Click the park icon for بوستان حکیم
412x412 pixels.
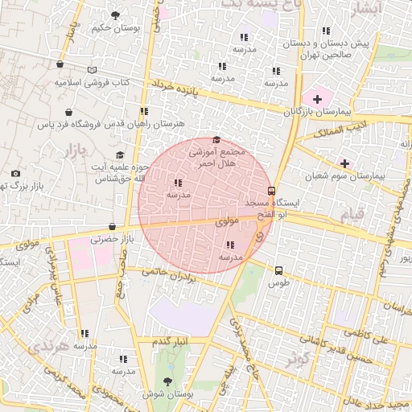click(116, 15)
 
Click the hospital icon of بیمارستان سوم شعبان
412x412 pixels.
click(345, 163)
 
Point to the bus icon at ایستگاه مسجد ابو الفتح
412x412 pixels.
click(272, 192)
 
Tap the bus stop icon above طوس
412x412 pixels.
click(278, 270)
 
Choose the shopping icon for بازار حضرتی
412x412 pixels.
click(112, 227)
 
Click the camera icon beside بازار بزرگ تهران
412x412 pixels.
click(16, 173)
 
